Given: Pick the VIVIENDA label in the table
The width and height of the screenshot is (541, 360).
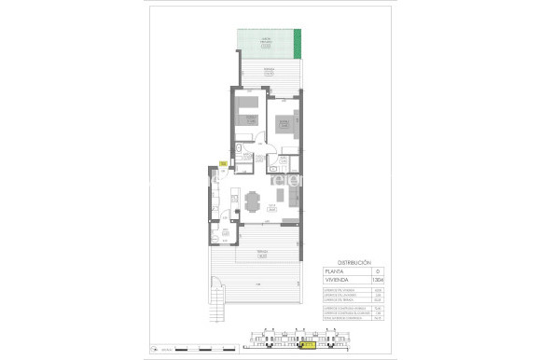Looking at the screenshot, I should coord(337,280).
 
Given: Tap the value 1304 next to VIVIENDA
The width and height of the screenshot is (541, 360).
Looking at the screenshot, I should coord(377,280).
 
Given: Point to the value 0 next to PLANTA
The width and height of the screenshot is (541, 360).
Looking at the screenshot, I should coord(377,271).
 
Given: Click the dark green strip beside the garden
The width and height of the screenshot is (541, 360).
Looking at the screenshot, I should coord(298,43).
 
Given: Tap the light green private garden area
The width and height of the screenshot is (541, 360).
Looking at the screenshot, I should coord(266,42).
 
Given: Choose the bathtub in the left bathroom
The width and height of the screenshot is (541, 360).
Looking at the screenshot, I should coord(241,151).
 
